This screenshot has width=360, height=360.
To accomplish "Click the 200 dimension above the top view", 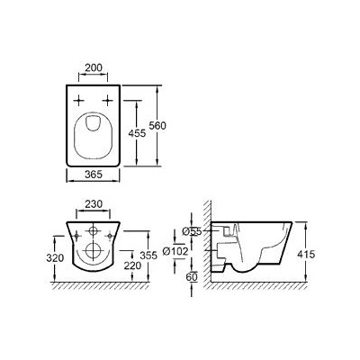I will tap(91, 68).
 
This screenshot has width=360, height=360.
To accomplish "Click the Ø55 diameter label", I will tap(190, 232).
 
